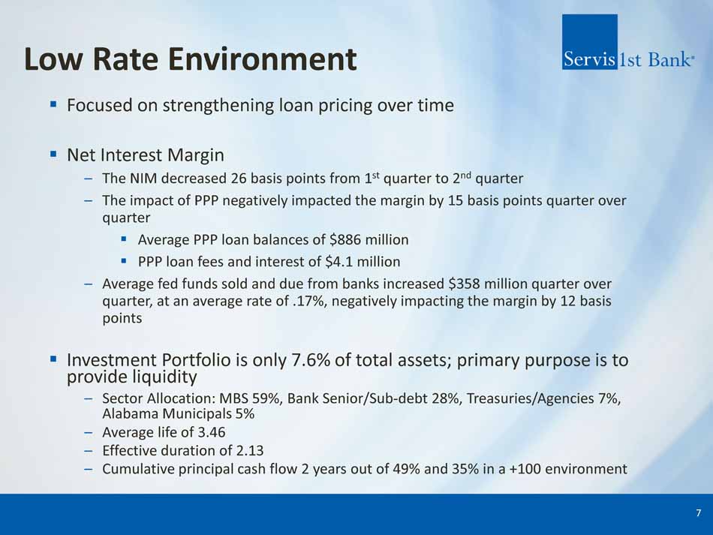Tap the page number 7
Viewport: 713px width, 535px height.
click(699, 513)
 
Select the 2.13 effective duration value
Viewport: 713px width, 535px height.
click(250, 450)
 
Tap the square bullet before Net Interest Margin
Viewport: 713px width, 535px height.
click(53, 155)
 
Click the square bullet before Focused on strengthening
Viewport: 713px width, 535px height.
click(53, 104)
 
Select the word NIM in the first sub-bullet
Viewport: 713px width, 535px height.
click(143, 178)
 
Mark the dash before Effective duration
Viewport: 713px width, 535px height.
click(89, 451)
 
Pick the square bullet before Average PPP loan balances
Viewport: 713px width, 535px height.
click(124, 238)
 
